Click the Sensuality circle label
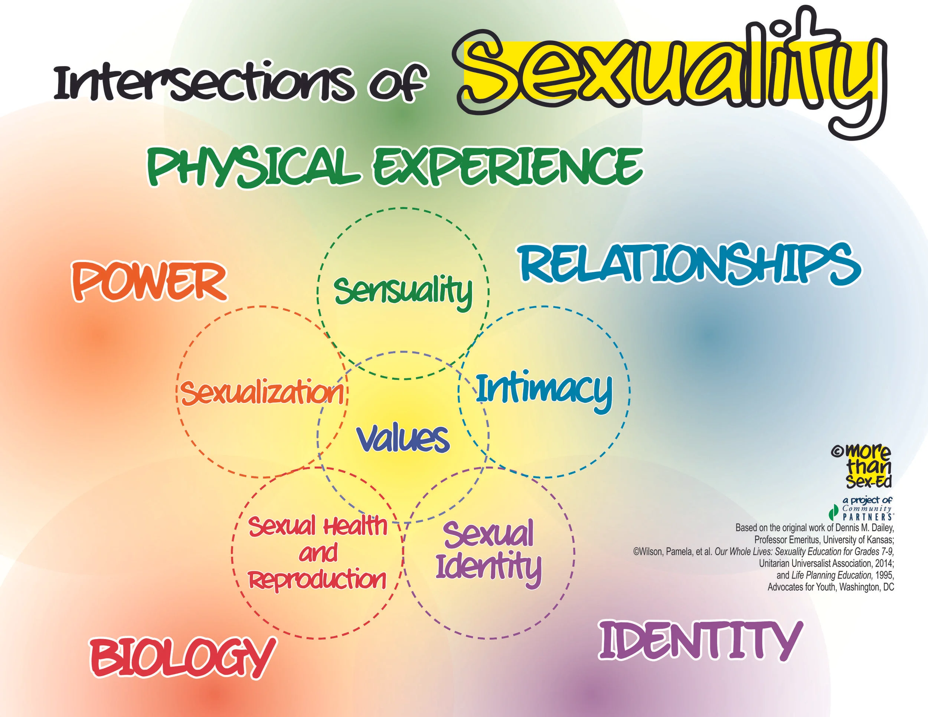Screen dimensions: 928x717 click(403, 291)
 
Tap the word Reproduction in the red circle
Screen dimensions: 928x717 click(317, 579)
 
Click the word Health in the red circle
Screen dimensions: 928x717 click(355, 526)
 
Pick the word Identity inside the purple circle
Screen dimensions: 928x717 click(488, 567)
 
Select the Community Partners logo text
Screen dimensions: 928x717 click(867, 512)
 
